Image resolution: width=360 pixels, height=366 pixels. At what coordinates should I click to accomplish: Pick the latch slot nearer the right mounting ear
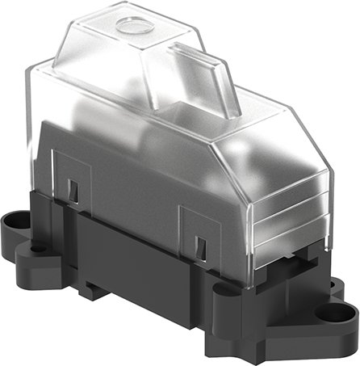coord(199,240)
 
